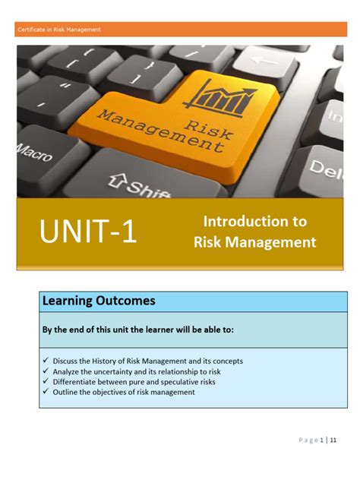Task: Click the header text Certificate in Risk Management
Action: (58, 30)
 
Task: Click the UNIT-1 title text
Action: (89, 232)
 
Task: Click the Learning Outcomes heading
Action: (99, 301)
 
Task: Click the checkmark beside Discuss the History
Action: (46, 361)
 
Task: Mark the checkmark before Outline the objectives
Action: (46, 393)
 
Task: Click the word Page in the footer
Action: (308, 440)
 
